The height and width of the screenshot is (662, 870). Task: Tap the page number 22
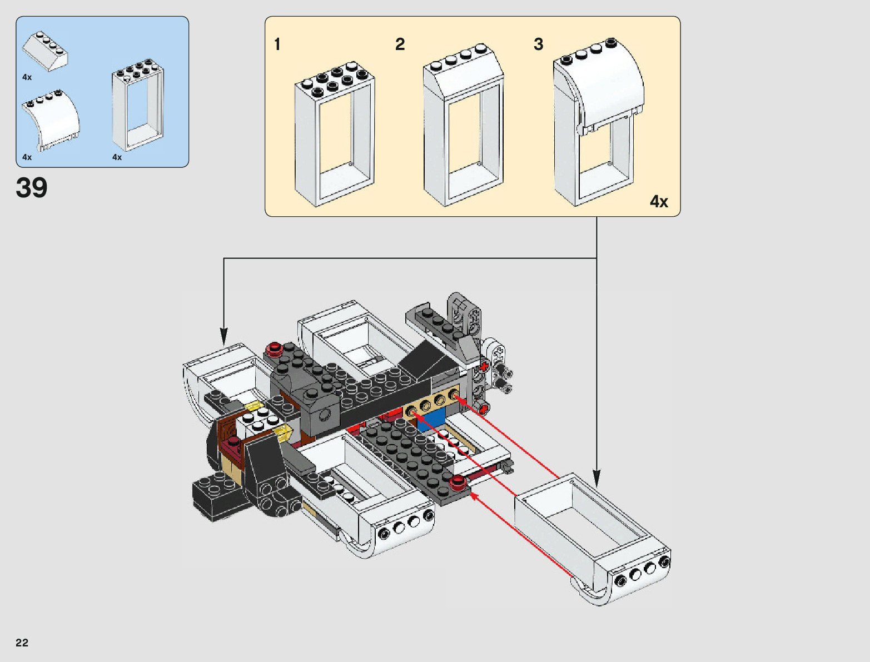tap(22, 643)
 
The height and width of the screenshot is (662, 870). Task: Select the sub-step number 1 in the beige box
tap(277, 44)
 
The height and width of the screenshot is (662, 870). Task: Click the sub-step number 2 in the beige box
tap(400, 44)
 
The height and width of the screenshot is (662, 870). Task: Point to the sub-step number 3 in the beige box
tap(538, 44)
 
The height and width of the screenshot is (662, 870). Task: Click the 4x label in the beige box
tap(659, 202)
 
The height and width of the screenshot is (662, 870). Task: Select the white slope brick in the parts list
tap(45, 52)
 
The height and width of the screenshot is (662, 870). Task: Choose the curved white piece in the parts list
tap(51, 120)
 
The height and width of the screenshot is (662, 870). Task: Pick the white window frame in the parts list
tap(138, 105)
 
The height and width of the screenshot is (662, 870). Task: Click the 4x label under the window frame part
tap(117, 157)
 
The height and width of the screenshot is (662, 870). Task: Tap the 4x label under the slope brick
tap(27, 77)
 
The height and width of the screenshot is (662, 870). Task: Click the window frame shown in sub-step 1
tap(335, 135)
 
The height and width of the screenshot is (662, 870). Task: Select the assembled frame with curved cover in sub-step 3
tap(599, 122)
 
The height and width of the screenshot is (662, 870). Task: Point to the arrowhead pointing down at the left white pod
tap(224, 336)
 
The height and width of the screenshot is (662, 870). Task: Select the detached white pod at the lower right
tap(593, 539)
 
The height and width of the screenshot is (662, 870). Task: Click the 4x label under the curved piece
tap(27, 157)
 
